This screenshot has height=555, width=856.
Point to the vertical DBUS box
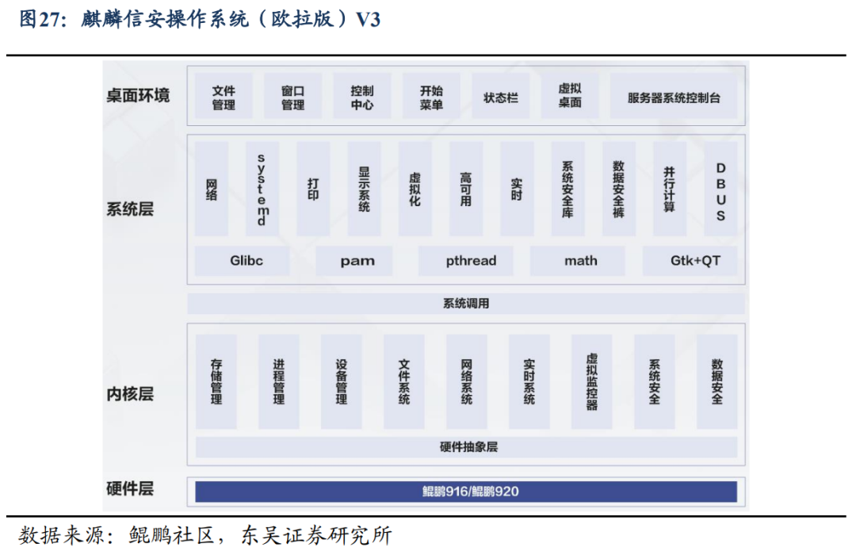(x=720, y=189)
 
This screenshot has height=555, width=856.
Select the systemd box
(x=262, y=189)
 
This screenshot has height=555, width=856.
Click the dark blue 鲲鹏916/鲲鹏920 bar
(x=466, y=492)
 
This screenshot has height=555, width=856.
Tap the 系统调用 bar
(x=466, y=304)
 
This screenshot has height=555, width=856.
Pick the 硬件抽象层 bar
(x=466, y=447)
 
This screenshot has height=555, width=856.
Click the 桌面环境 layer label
(x=138, y=96)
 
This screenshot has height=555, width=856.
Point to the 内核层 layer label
(x=130, y=394)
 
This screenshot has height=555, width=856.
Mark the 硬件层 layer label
(x=130, y=488)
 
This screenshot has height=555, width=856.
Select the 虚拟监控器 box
(x=592, y=382)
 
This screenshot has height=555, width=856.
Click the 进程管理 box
(x=278, y=382)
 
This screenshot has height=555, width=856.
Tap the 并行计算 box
(x=670, y=189)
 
